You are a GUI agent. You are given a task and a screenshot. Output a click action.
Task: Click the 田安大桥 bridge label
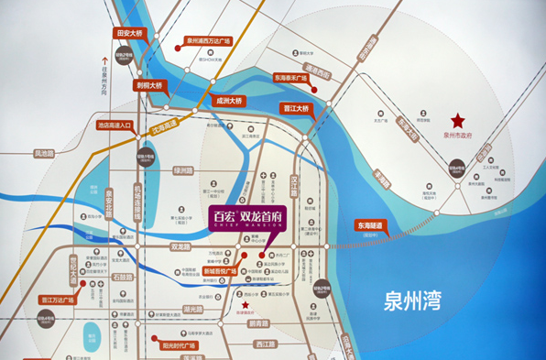pyautogui.click(x=129, y=33)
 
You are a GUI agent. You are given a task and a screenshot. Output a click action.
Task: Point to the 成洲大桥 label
pyautogui.click(x=225, y=100)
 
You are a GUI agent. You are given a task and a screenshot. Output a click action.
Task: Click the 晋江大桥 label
pyautogui.click(x=296, y=109)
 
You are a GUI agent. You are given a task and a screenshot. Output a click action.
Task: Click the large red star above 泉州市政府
pyautogui.click(x=457, y=120)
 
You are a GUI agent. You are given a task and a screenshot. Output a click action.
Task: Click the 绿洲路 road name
pyautogui.click(x=184, y=170)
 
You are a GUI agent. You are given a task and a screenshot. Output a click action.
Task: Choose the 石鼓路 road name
pyautogui.click(x=123, y=276)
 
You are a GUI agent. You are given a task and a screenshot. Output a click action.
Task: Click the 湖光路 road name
pyautogui.click(x=192, y=309)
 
